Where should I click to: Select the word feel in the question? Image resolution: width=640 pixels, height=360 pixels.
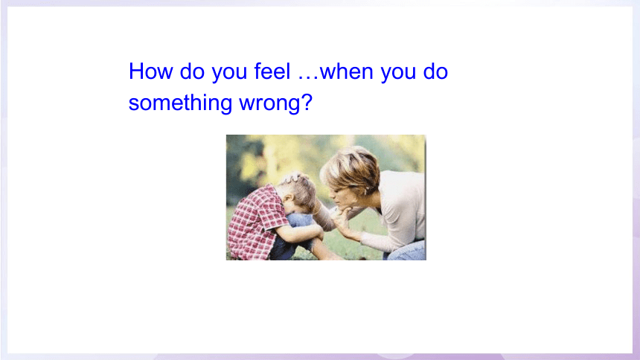point(272,71)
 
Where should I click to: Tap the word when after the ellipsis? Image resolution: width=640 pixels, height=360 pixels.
point(347,71)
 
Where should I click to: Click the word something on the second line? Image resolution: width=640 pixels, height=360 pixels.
point(180,103)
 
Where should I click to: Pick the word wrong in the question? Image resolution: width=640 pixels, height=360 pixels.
point(269,103)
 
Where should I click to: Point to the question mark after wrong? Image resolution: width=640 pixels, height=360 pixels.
point(307,102)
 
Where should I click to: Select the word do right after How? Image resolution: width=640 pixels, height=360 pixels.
point(192,71)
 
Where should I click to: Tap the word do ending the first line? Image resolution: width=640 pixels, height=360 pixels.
point(435,71)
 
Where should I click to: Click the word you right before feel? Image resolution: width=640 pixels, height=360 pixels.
point(229,74)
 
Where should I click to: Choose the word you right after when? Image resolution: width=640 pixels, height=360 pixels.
point(398,74)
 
